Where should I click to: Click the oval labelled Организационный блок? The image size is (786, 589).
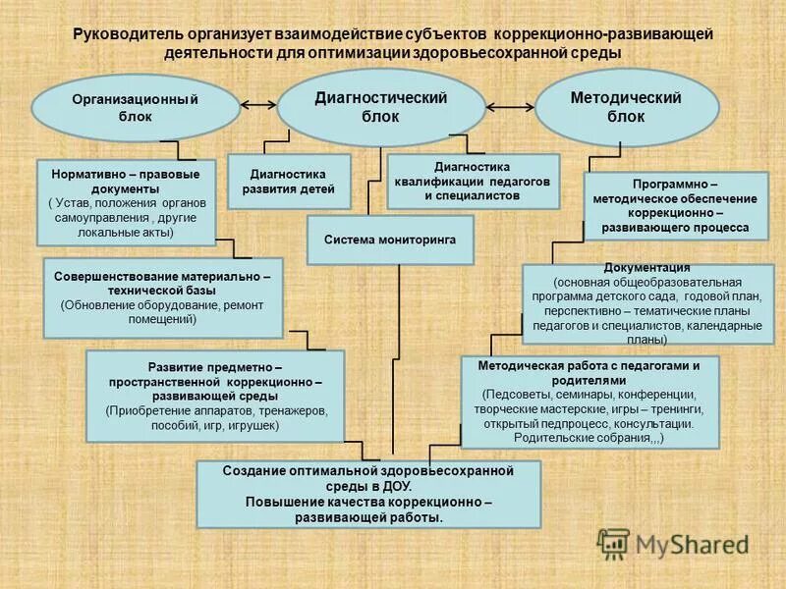click(x=136, y=107)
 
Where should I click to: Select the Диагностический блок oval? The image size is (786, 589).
click(x=380, y=107)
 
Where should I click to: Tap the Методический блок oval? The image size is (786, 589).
click(x=625, y=107)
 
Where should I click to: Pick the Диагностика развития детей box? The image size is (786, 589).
click(x=289, y=182)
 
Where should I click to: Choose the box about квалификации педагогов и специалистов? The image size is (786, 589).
click(x=474, y=182)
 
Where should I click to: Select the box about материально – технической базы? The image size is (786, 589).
click(x=163, y=297)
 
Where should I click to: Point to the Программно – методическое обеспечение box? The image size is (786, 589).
click(x=673, y=206)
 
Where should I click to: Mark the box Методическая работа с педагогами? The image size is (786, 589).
click(x=589, y=402)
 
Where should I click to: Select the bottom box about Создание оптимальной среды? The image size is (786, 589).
click(x=368, y=494)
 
